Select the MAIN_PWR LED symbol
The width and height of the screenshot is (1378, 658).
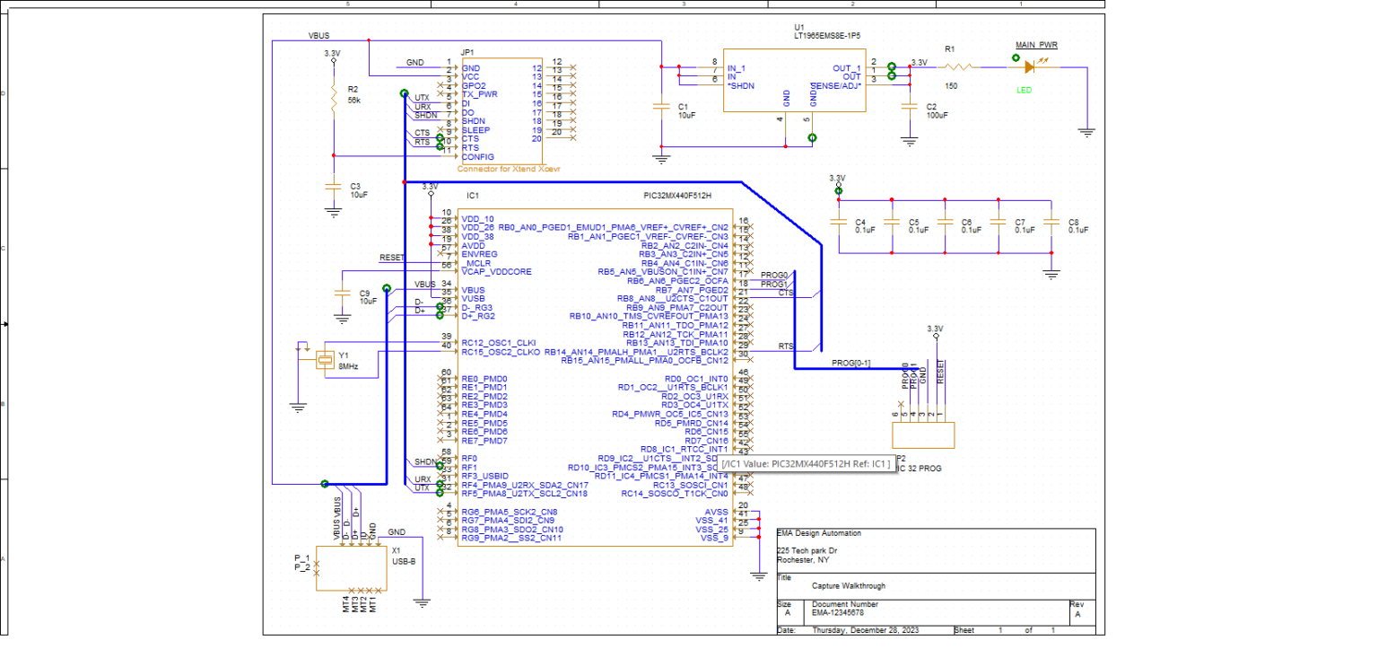click(x=1041, y=66)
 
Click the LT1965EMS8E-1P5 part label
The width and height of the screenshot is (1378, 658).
click(x=826, y=37)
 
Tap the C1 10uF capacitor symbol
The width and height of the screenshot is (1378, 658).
click(x=662, y=106)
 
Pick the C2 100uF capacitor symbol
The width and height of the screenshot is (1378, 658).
click(x=910, y=107)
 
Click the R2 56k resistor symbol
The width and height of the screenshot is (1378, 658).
click(x=333, y=94)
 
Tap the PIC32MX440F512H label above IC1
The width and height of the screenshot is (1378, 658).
click(x=677, y=196)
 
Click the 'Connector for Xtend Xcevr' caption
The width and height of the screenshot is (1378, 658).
click(x=509, y=169)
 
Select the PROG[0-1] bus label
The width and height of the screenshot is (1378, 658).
click(x=850, y=363)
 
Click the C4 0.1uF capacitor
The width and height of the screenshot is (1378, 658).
click(x=838, y=224)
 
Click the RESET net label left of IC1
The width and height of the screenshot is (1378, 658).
click(x=392, y=258)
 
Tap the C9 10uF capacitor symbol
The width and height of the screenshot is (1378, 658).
click(x=342, y=293)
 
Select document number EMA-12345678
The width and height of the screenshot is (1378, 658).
click(x=838, y=613)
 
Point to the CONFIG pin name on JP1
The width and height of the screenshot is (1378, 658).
click(x=477, y=157)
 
